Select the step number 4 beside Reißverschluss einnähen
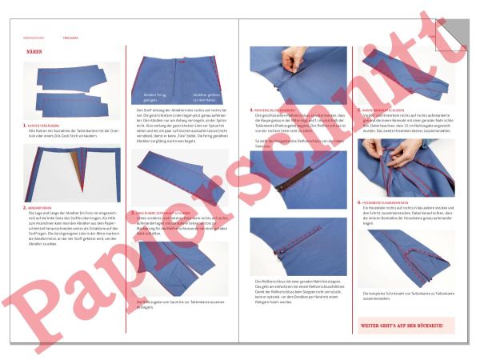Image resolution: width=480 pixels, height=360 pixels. (x=252, y=110)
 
